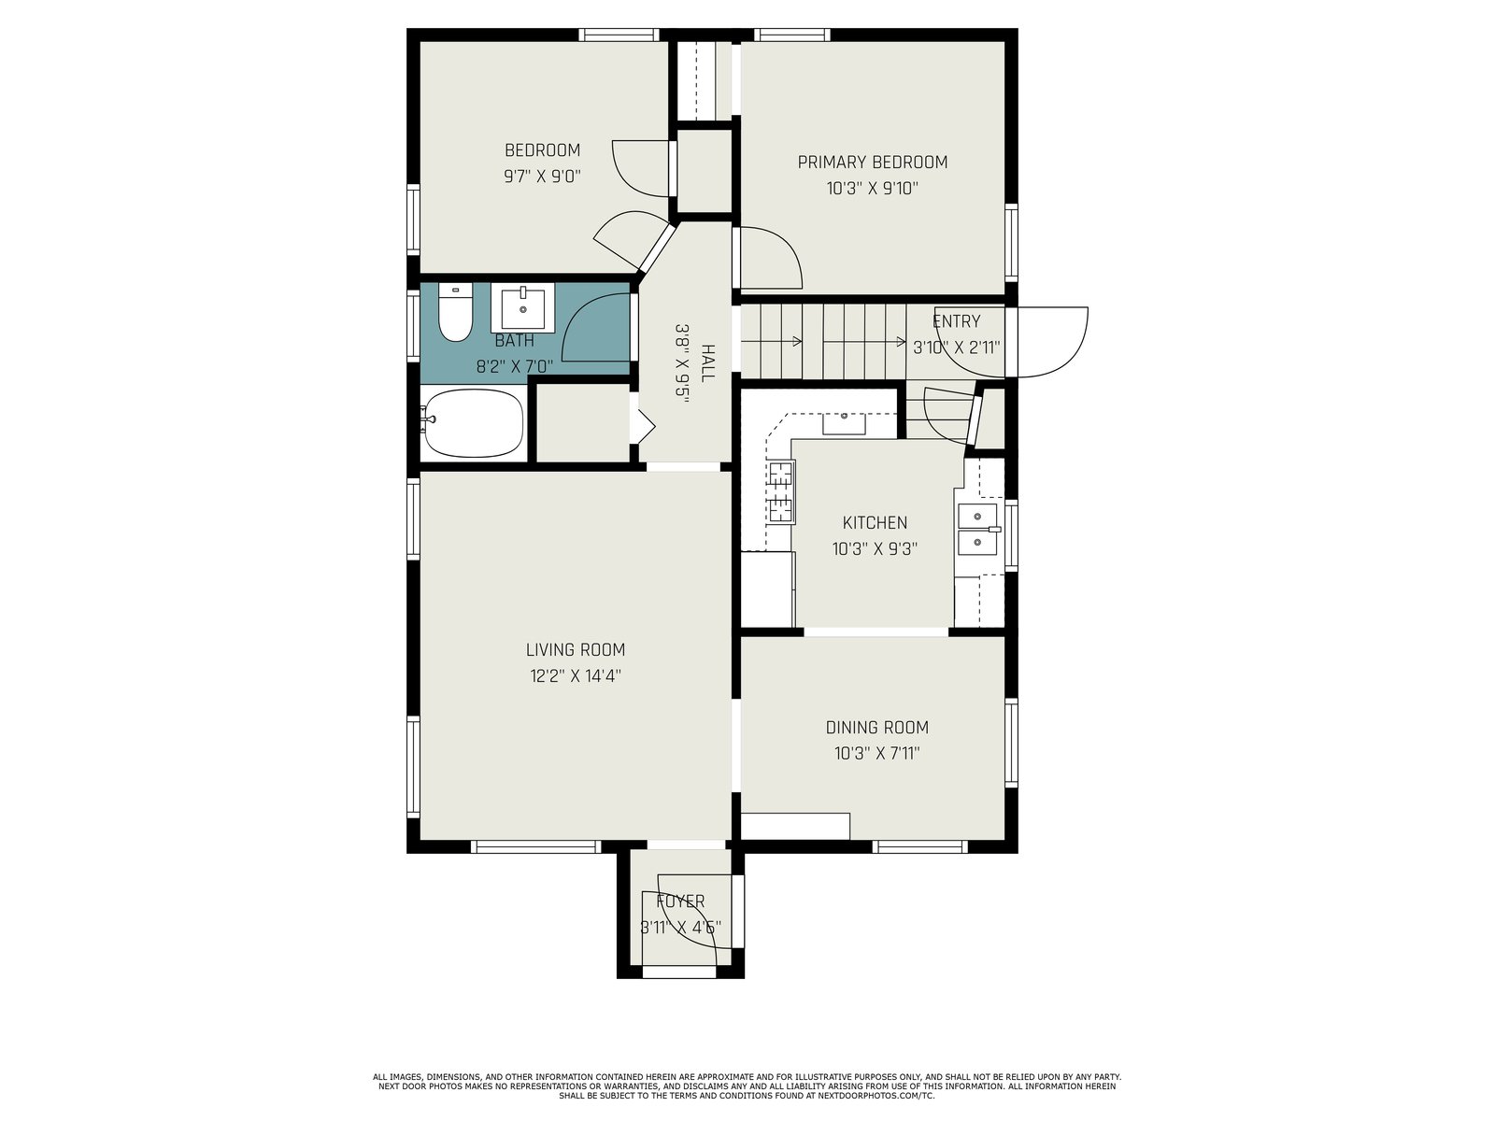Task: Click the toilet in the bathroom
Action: click(x=455, y=312)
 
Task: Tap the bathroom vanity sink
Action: click(x=523, y=307)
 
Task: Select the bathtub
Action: click(x=473, y=423)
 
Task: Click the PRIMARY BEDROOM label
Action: click(x=873, y=162)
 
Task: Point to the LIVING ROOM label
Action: click(x=576, y=650)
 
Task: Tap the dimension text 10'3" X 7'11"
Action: click(x=877, y=754)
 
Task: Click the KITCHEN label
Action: click(x=876, y=523)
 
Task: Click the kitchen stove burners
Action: click(x=781, y=492)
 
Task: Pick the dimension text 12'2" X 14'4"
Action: click(x=576, y=675)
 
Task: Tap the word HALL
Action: click(x=708, y=363)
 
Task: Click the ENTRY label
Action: click(x=956, y=321)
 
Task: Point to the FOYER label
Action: click(x=680, y=901)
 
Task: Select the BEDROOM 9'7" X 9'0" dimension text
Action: click(x=542, y=177)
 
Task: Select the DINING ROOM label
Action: click(x=877, y=728)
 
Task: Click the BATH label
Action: click(x=514, y=340)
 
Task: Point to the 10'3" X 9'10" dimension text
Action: click(x=873, y=188)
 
